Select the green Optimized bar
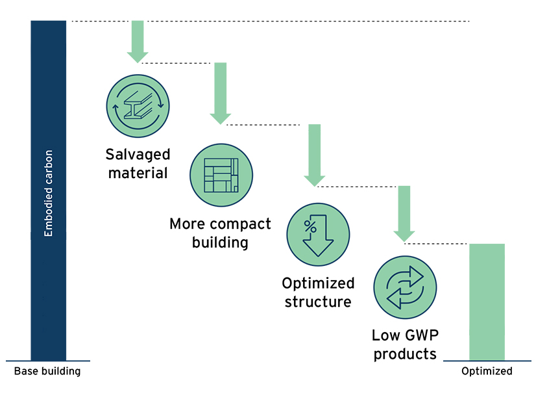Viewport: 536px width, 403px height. click(487, 302)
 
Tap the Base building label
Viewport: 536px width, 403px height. click(47, 371)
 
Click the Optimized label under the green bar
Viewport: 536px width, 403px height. click(487, 371)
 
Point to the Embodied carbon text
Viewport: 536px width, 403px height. click(49, 193)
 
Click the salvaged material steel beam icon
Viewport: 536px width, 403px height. click(138, 106)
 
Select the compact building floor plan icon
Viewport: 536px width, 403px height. click(221, 175)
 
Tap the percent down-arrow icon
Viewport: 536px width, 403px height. click(318, 235)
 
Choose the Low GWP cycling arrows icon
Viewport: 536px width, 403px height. click(405, 287)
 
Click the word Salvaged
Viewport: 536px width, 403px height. click(138, 155)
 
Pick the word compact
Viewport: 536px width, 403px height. click(243, 224)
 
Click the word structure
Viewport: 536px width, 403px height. click(318, 302)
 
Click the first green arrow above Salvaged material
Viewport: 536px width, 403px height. click(137, 42)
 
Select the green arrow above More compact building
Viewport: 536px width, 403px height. click(221, 93)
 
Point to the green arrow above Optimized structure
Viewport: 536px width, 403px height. click(315, 155)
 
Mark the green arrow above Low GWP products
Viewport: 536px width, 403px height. click(404, 213)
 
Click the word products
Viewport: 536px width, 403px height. click(404, 354)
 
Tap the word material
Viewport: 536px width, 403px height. click(138, 173)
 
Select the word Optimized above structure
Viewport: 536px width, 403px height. click(318, 283)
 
